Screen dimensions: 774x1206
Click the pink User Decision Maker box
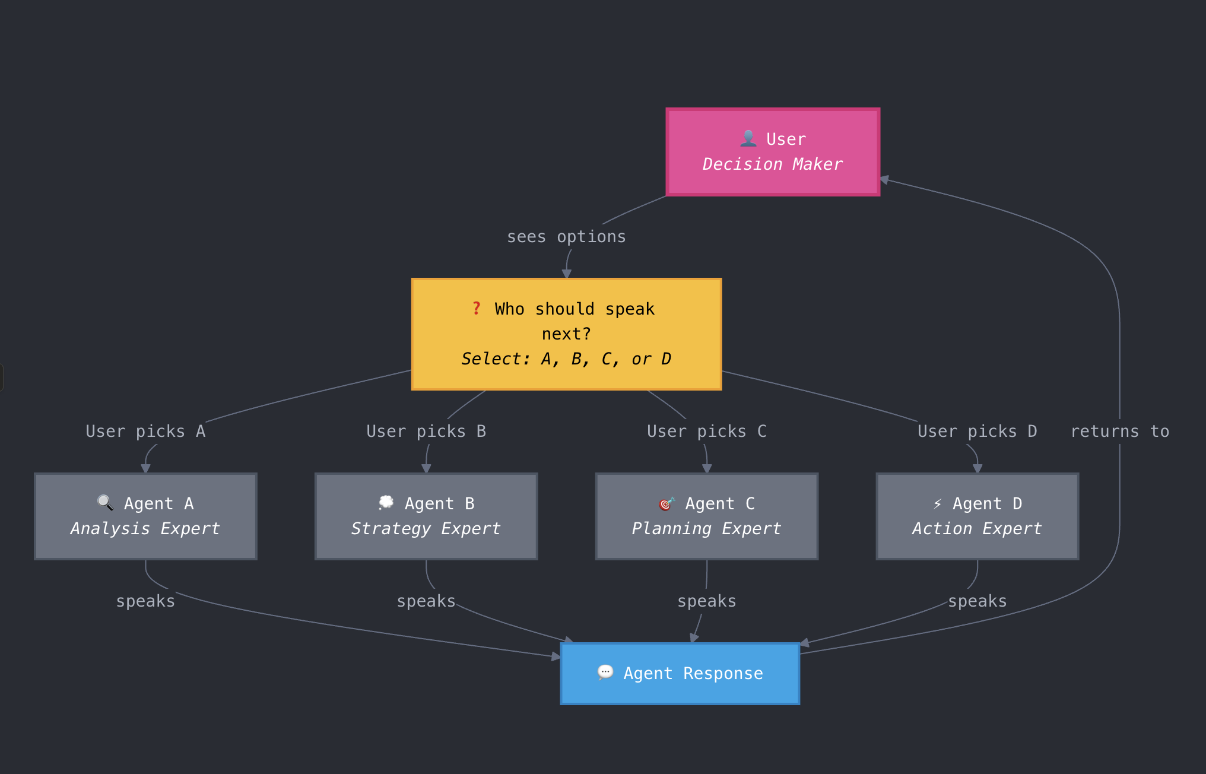coord(772,152)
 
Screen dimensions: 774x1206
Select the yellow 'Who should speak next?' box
coord(566,334)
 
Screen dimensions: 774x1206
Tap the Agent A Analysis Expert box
coord(145,516)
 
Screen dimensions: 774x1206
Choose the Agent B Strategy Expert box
coord(426,516)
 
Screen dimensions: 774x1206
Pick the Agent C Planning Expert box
coord(706,516)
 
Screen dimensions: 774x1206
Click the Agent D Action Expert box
coord(977,516)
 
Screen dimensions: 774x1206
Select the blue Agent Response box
coord(680,674)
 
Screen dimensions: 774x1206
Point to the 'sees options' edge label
coord(566,237)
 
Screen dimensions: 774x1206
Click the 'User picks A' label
coord(145,432)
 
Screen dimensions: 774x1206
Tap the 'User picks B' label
coord(426,432)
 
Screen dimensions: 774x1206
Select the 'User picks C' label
coord(706,432)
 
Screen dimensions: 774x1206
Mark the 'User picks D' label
coord(977,432)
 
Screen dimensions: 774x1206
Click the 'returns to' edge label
coord(1119,432)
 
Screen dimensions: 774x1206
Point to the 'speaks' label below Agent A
coord(145,601)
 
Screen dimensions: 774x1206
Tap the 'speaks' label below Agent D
coord(977,601)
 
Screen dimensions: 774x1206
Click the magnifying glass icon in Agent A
coord(105,503)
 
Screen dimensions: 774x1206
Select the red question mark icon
coord(476,308)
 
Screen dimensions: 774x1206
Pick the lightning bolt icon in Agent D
coord(937,504)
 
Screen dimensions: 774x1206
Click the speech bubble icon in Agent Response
coord(605,672)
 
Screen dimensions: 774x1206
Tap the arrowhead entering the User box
coord(884,179)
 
